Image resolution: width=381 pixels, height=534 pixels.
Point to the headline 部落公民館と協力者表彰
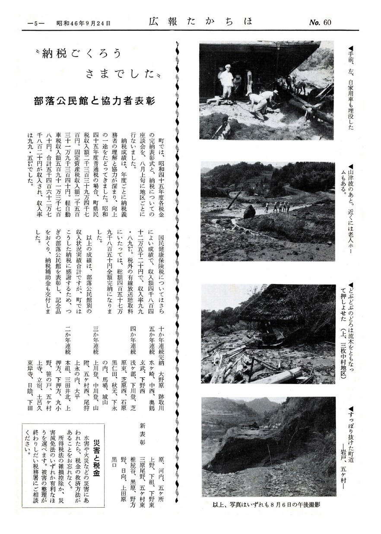(94, 101)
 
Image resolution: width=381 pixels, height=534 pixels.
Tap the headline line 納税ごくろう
(80, 55)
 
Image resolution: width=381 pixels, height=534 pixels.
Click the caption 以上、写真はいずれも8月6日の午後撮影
(268, 504)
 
